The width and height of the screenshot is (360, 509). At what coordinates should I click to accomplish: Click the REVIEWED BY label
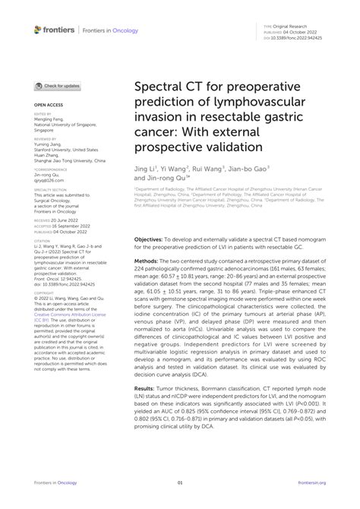click(x=45, y=140)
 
